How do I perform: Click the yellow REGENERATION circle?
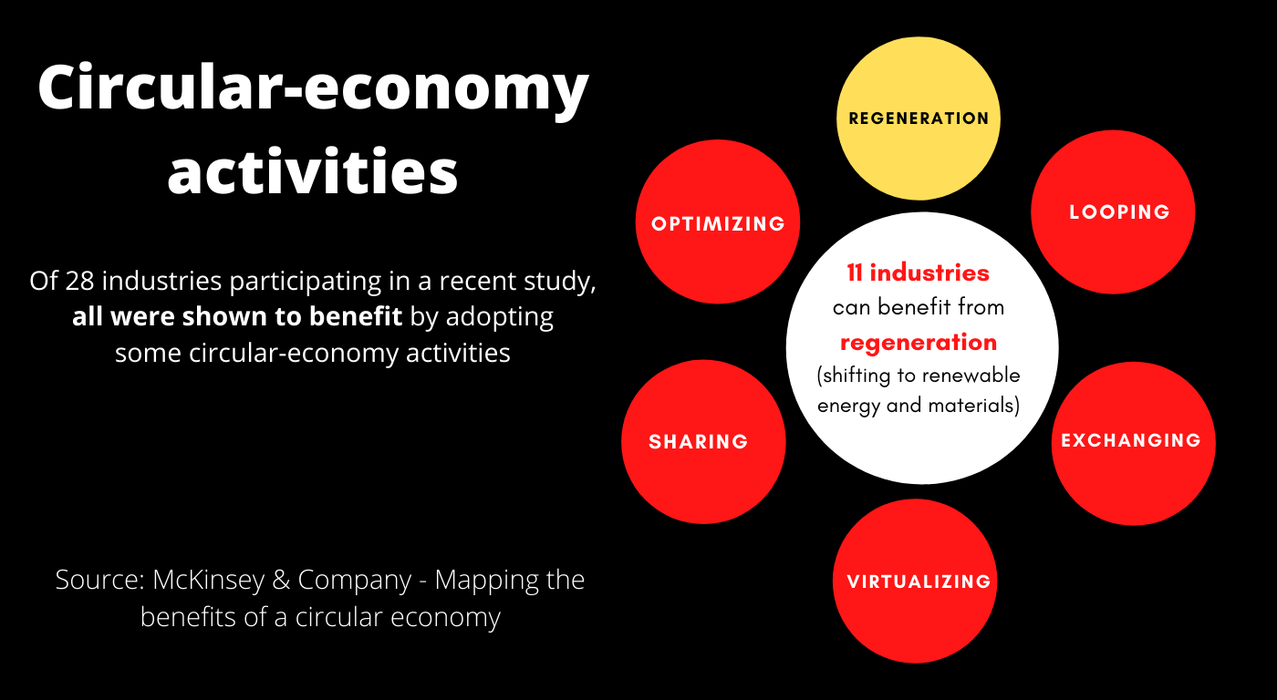coord(919,118)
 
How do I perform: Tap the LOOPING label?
coord(1119,212)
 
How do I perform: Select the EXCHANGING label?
coord(1131,441)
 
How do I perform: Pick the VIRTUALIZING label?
coord(919,582)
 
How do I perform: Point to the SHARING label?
coord(699,442)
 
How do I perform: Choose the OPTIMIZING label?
coord(719,224)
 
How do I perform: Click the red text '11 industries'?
coord(918,273)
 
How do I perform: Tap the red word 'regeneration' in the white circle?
coord(919,343)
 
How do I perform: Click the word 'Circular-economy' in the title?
coord(313,89)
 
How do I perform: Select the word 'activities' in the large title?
coord(313,171)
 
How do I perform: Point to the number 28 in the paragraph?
coord(80,281)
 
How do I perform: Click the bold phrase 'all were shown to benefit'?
coord(237,317)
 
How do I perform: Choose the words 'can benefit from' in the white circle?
coord(919,307)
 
